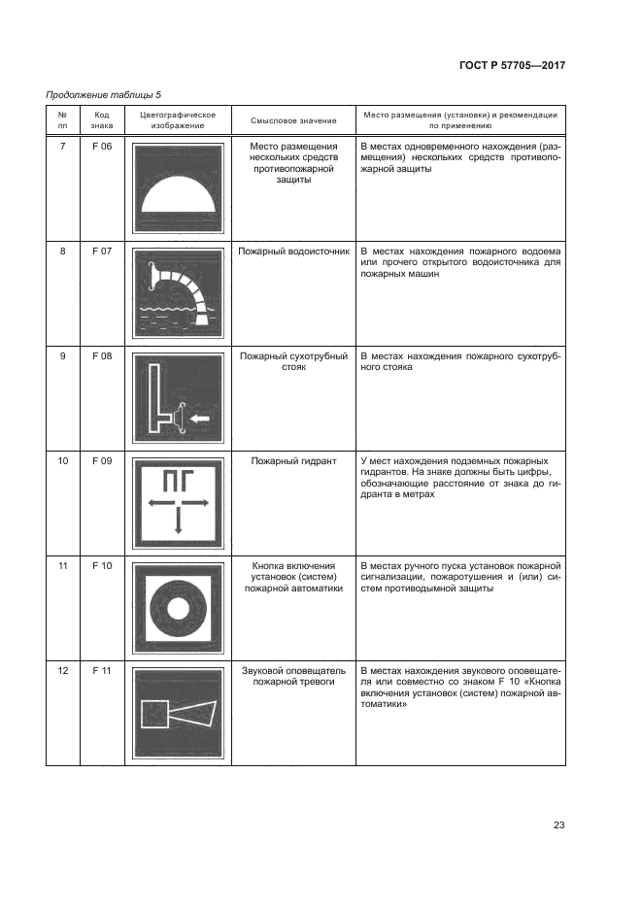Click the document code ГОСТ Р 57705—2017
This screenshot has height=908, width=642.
point(511,65)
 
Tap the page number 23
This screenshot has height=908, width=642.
point(558,825)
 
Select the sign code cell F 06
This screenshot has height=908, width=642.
point(102,146)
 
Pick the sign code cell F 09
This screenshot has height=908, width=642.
point(102,460)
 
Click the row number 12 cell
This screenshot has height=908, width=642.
point(63,671)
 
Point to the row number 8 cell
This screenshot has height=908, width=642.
point(63,252)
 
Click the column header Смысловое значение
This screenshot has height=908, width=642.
point(293,120)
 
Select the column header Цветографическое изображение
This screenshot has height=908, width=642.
point(178,120)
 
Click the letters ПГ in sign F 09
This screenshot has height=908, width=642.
point(178,479)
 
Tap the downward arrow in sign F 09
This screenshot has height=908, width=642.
point(178,521)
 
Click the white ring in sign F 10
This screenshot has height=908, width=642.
point(178,607)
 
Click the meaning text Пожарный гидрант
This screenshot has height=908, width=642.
point(292,460)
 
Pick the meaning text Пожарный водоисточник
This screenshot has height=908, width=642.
point(292,252)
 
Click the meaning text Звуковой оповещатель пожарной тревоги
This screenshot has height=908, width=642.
point(292,677)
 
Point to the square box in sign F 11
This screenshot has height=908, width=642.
point(155,715)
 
